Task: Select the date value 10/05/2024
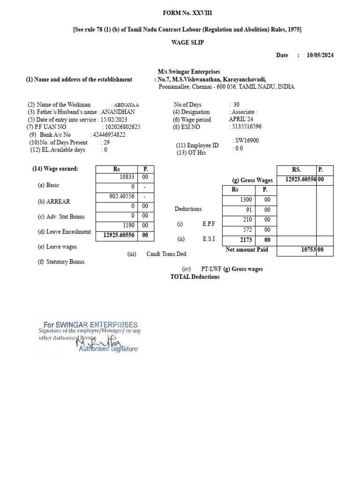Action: (x=320, y=55)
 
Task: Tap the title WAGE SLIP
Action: (x=187, y=42)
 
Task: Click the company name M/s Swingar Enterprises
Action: (x=189, y=72)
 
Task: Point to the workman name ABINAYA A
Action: (x=125, y=105)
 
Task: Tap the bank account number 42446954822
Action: (x=109, y=135)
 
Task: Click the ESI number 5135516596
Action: (x=247, y=127)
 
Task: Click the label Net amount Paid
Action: (x=247, y=250)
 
